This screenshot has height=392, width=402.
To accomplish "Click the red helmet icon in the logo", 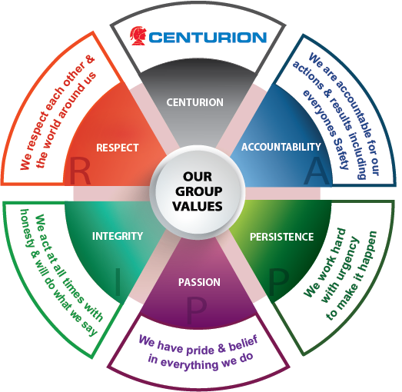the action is coord(138,36).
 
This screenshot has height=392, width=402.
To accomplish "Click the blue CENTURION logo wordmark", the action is coord(208,38).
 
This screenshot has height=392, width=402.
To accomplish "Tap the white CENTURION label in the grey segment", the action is coord(194,102).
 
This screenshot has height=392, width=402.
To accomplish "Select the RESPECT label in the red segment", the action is coord(118,148).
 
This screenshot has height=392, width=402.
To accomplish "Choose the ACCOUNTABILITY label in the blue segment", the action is coord(281,147).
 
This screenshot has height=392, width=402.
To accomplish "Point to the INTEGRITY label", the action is coord(118,236).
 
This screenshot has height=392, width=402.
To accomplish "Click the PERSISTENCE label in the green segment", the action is coord(282,237).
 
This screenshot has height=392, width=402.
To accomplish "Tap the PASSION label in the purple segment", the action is coord(199,282).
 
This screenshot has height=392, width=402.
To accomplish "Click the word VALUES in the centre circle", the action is coord(198,207).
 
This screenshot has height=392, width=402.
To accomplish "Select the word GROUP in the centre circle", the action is coord(198,191).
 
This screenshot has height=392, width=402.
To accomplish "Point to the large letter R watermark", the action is coord(80,171).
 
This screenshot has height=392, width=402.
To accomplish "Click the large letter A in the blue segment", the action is coord(317,171).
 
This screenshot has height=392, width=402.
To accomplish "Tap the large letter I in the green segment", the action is coord(118,282).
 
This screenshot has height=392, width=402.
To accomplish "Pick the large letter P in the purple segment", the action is coord(196,311).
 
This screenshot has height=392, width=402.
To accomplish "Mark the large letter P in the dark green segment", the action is coord(279,282).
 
